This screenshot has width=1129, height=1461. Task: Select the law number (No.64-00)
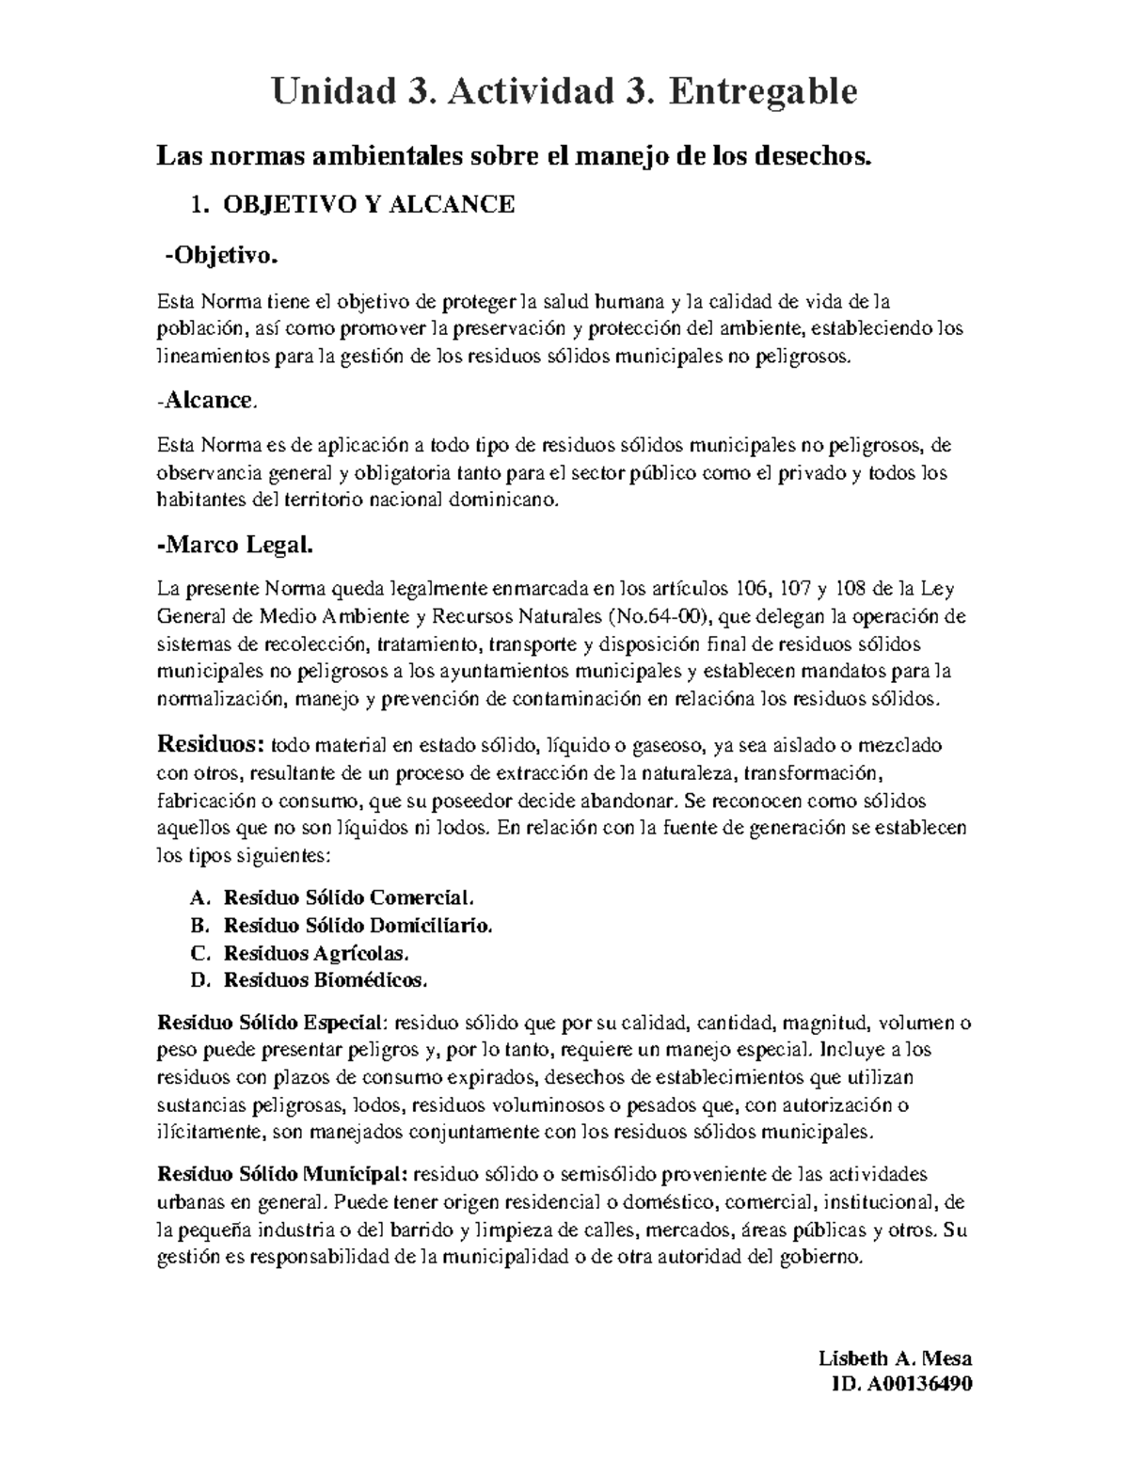tap(660, 617)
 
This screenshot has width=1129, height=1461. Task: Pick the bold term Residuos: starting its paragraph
tap(210, 745)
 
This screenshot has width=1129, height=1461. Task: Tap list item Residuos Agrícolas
tap(316, 953)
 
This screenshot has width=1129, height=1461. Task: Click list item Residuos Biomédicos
tap(325, 980)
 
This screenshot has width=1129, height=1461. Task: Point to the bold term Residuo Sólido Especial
tap(271, 1023)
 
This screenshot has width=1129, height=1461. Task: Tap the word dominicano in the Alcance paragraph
tap(506, 500)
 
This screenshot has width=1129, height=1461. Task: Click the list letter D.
tap(198, 980)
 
